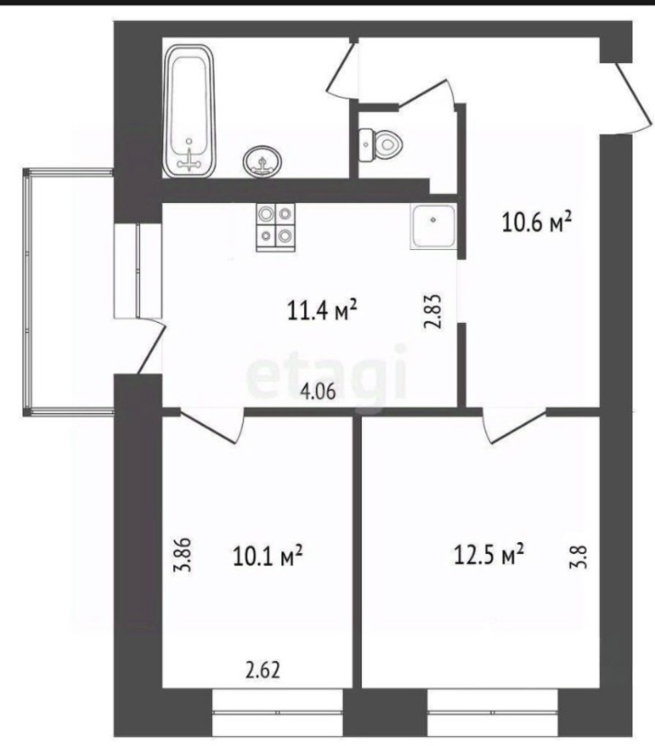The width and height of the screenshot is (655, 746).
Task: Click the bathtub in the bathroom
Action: [189, 112]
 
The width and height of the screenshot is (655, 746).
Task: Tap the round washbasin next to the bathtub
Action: [263, 161]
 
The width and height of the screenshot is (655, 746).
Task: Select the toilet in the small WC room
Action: [381, 144]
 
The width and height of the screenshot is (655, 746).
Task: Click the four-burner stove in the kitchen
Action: [276, 227]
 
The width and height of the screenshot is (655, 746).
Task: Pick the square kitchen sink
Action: [433, 227]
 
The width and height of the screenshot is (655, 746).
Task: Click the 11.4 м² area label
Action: [322, 310]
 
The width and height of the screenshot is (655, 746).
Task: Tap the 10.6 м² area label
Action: [537, 222]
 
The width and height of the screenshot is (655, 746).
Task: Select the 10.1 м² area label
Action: [268, 556]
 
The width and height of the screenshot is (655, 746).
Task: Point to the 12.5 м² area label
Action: [489, 554]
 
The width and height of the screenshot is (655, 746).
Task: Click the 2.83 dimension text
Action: [434, 312]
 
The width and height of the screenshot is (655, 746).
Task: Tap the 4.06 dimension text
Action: [318, 391]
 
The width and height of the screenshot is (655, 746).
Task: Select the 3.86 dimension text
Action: [182, 555]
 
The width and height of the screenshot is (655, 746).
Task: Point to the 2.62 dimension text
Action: [263, 670]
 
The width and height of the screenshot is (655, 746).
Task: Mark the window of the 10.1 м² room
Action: [277, 712]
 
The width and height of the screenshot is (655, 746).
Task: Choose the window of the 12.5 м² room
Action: [493, 712]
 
